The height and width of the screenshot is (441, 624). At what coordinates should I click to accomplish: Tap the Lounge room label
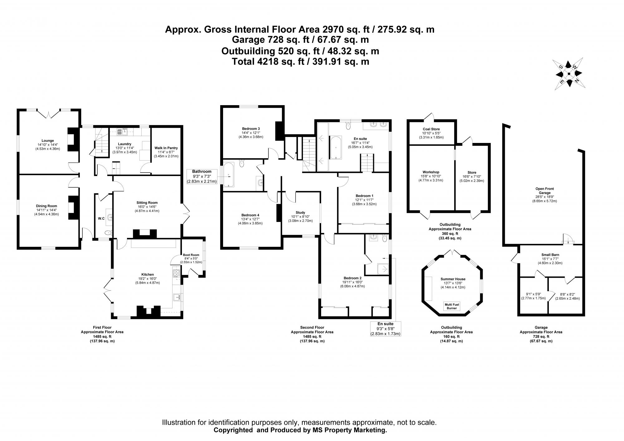point(48,140)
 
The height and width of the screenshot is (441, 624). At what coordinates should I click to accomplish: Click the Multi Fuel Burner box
point(451,306)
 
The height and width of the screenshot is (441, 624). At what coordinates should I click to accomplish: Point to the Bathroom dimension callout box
point(202,176)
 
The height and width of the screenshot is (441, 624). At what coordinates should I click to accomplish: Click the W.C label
point(101,218)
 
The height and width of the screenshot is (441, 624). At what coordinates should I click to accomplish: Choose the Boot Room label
point(192,255)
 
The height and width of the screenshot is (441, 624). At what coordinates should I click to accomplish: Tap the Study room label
point(300,213)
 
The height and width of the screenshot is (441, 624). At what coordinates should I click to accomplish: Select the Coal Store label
point(431,129)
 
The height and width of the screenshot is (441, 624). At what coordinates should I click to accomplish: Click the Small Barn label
point(550,255)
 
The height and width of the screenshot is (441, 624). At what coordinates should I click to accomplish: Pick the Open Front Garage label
point(545,191)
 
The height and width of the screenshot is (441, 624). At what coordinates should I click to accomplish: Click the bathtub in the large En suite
point(336,148)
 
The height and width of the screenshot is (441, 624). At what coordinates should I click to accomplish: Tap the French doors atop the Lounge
point(48,113)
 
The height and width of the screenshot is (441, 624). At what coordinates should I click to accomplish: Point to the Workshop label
point(431,172)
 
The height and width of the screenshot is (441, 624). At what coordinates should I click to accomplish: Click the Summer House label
point(453,279)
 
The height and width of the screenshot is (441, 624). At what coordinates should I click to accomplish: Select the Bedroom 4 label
point(250,215)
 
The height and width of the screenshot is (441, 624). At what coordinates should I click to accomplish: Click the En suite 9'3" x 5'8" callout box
point(385,329)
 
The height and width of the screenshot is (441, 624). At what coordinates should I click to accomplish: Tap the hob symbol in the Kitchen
point(176,274)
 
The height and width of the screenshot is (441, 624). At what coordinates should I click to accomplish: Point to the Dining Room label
point(46,206)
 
